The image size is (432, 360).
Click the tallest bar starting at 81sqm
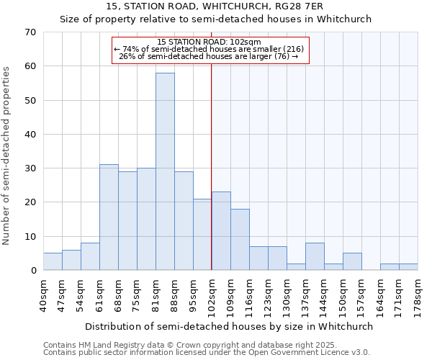point(165,171)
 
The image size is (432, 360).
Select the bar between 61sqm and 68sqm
point(109,217)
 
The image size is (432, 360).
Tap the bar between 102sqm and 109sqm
point(221,231)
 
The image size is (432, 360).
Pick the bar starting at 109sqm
point(240,240)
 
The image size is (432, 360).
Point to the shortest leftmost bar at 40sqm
point(53,262)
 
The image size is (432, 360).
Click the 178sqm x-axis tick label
point(418,297)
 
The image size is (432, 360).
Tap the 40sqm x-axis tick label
point(43,297)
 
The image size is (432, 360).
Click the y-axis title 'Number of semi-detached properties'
point(7,155)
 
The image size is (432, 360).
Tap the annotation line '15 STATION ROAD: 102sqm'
point(209,42)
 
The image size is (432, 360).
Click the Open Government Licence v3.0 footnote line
point(207,352)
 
